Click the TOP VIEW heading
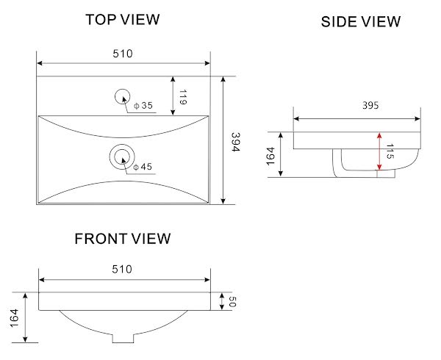click(x=123, y=20)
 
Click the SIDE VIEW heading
click(x=361, y=21)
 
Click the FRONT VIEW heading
click(x=123, y=239)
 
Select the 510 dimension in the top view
click(x=123, y=54)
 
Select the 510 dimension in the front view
click(x=122, y=269)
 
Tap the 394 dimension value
click(x=235, y=142)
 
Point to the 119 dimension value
click(x=183, y=97)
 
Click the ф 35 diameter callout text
click(x=143, y=106)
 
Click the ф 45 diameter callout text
click(x=143, y=167)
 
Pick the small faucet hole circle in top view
click(x=122, y=90)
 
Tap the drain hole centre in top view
click(x=122, y=156)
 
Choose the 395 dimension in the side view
click(x=370, y=105)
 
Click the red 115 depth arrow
click(x=379, y=151)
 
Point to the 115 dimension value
click(x=390, y=151)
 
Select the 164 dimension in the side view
click(x=270, y=156)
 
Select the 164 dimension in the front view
click(x=15, y=318)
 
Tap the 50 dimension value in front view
click(x=232, y=301)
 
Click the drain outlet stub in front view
click(x=123, y=338)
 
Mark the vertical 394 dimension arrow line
click(x=223, y=140)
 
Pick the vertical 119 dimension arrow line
click(x=173, y=96)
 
